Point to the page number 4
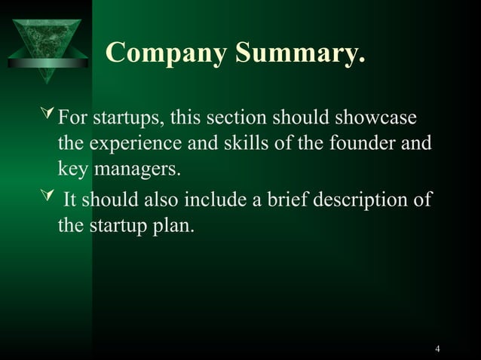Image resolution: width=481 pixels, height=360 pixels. coord(438,348)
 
